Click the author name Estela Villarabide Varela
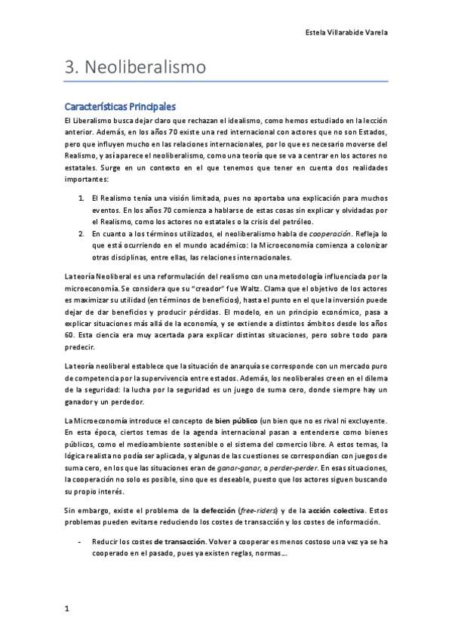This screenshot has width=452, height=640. click(x=345, y=33)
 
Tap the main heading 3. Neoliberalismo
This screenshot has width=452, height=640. click(x=136, y=67)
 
